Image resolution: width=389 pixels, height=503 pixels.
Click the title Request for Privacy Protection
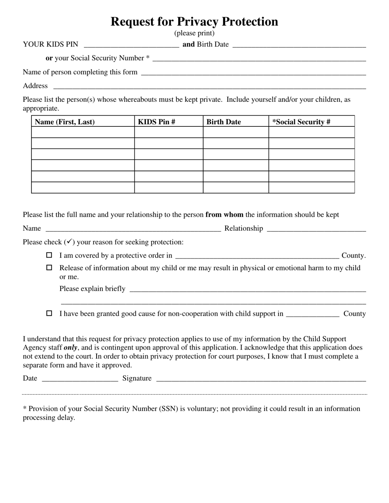coord(194,22)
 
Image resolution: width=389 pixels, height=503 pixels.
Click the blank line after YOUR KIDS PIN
coord(131,45)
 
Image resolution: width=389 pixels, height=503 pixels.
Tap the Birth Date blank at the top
coord(299,45)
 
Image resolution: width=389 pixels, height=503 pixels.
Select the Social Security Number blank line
coord(259,58)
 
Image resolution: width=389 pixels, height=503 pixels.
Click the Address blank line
coord(209,86)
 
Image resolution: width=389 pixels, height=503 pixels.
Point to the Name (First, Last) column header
coord(65,122)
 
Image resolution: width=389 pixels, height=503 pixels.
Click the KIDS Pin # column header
coord(157,122)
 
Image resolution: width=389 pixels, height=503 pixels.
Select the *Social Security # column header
coord(301,122)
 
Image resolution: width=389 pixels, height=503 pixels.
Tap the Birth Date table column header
coord(224,122)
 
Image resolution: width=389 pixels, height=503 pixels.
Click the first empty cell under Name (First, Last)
coord(83,132)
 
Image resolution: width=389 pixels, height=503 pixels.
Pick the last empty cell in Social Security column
coord(312,188)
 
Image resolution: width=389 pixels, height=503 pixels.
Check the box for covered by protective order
coord(49,255)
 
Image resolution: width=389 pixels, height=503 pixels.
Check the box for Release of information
coord(49,268)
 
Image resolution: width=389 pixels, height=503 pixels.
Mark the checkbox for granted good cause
coord(49,314)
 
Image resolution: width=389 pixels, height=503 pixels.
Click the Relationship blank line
coord(316,229)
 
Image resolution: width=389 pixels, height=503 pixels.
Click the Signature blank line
coord(261,379)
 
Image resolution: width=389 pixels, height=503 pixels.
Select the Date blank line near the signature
coord(80,379)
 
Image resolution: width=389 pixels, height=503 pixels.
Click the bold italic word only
coord(70,348)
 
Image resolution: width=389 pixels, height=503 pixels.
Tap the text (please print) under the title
coord(194,33)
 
